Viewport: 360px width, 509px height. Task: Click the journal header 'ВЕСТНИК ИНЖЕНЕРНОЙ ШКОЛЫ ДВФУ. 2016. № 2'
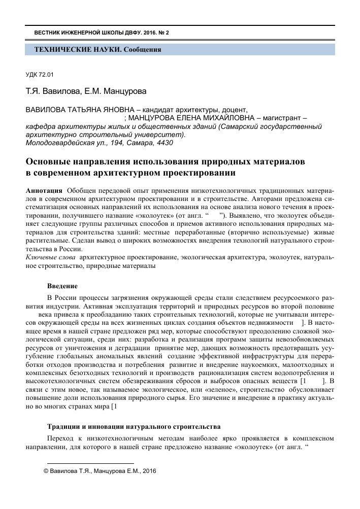click(101, 32)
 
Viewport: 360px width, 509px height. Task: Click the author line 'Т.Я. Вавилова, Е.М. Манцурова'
click(86, 92)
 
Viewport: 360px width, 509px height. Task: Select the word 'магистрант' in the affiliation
click(280, 119)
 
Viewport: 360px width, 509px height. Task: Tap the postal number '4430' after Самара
click(163, 143)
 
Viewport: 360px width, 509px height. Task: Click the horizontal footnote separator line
click(90, 463)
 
